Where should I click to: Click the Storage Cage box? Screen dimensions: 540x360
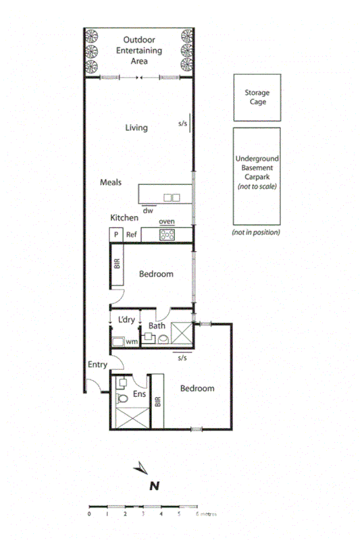[x=257, y=97]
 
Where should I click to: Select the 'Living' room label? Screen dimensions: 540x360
[x=136, y=128]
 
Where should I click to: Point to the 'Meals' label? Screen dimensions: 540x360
[x=110, y=182]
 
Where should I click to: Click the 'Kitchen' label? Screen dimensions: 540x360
[x=124, y=218]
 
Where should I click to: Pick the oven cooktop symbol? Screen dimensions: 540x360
[x=168, y=235]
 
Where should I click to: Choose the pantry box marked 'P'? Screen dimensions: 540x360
[x=115, y=235]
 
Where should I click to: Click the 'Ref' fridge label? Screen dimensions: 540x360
[x=132, y=235]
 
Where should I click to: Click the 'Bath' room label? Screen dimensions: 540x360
[x=157, y=326]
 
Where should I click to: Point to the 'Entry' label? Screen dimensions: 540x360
[x=98, y=365]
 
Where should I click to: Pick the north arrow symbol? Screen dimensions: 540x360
[x=143, y=467]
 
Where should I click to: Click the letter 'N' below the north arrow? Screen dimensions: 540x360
[x=154, y=485]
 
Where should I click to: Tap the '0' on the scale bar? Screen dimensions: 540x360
[x=89, y=514]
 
